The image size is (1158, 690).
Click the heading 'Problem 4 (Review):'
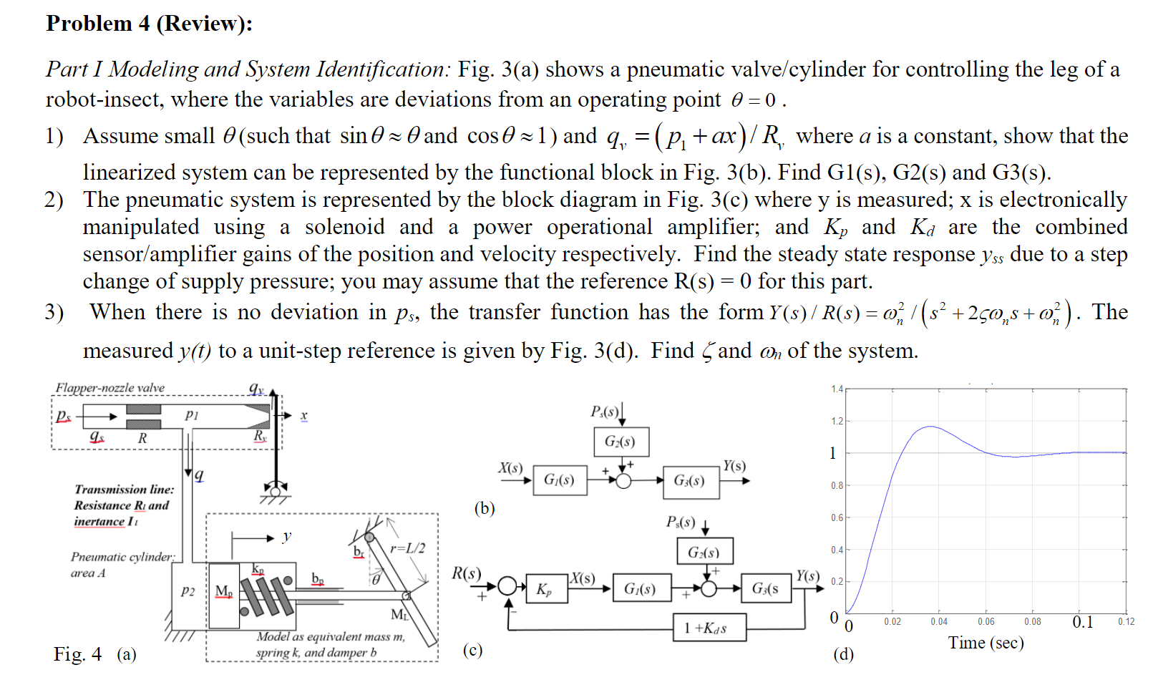coord(149,24)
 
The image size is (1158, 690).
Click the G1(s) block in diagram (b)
coord(560,480)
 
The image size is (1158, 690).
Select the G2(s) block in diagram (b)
coord(621,442)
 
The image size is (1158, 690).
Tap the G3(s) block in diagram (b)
coord(689,480)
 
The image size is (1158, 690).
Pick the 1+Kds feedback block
coord(709,628)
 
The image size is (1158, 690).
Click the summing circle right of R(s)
coord(507,586)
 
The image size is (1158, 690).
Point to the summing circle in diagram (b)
coord(623,480)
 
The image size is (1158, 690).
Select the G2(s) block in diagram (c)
coord(704,552)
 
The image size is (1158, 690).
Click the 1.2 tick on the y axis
coord(837,421)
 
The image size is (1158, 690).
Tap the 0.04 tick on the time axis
coord(939,621)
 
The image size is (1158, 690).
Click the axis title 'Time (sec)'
coord(986,643)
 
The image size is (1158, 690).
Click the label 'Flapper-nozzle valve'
coord(110,388)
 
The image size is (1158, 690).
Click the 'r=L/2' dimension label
coord(407,548)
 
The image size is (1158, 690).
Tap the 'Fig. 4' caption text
coord(77,654)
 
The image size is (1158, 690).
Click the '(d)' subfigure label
coord(843,654)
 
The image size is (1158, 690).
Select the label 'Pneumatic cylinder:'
coord(122,557)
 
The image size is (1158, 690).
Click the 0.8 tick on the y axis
coord(837,485)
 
